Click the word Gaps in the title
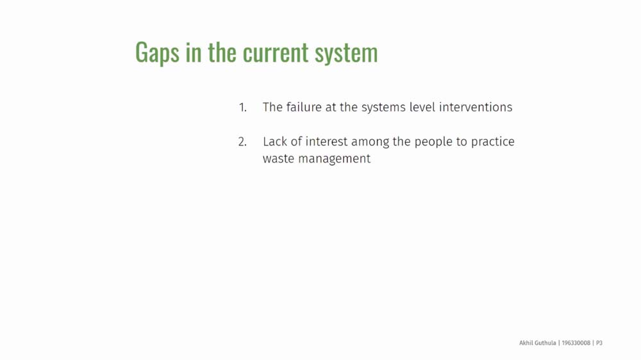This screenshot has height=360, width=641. point(158,53)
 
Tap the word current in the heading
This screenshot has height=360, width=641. point(276,53)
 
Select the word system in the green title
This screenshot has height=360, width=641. point(346,54)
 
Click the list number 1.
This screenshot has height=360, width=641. point(243,108)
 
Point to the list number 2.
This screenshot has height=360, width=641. point(242,142)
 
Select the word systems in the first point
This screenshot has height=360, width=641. point(383,108)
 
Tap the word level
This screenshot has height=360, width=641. point(422,107)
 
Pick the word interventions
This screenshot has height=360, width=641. point(476,107)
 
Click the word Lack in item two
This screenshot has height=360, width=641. point(275,142)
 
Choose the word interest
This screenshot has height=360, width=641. point(326,142)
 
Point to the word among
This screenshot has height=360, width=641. point(370,143)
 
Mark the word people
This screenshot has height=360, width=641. point(433,143)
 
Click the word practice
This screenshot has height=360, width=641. point(492,142)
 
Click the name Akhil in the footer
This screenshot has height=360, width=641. point(526,343)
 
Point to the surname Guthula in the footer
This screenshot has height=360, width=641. point(545,343)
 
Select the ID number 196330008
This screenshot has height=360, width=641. point(576,343)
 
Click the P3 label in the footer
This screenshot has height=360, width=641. point(599,343)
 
